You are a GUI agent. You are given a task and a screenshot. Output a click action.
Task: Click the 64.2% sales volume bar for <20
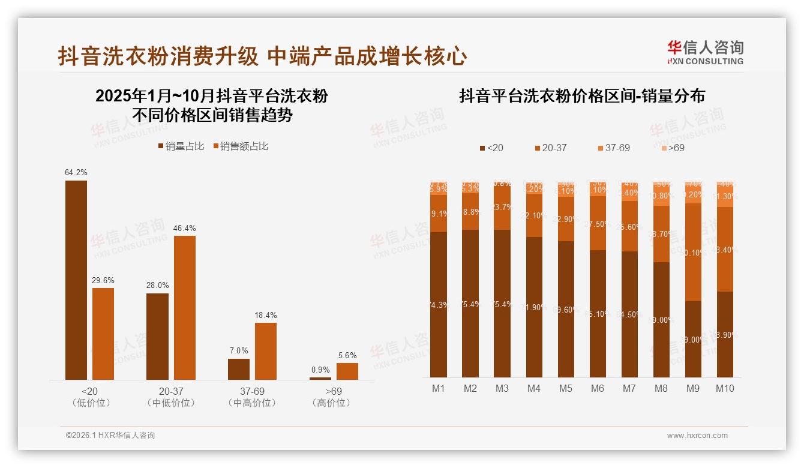click(76, 280)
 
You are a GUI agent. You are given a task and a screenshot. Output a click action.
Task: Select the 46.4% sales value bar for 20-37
click(185, 307)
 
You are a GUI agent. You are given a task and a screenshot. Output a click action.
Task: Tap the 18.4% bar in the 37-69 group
click(266, 351)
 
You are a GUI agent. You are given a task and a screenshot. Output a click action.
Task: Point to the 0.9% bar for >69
click(320, 378)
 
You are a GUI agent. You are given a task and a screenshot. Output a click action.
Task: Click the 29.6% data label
click(103, 280)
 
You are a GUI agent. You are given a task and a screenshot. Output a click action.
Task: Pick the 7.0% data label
click(238, 350)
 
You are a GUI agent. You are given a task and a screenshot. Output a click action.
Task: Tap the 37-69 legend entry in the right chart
click(613, 148)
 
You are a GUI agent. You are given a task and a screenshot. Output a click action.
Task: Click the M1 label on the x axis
click(439, 388)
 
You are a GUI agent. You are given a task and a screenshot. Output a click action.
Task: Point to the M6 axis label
click(597, 388)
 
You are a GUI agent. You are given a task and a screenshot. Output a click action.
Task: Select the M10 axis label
click(725, 388)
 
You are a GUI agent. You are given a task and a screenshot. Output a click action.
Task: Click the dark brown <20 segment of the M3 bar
click(502, 303)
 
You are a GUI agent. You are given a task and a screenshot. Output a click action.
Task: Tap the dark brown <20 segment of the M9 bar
click(693, 339)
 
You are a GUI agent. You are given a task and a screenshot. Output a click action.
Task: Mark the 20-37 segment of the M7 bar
click(629, 226)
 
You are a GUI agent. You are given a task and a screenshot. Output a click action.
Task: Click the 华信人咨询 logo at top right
click(705, 52)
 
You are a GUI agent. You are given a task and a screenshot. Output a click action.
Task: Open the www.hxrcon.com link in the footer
click(697, 436)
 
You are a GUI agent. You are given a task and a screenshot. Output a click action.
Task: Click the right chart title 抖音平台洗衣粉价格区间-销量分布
click(581, 96)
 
